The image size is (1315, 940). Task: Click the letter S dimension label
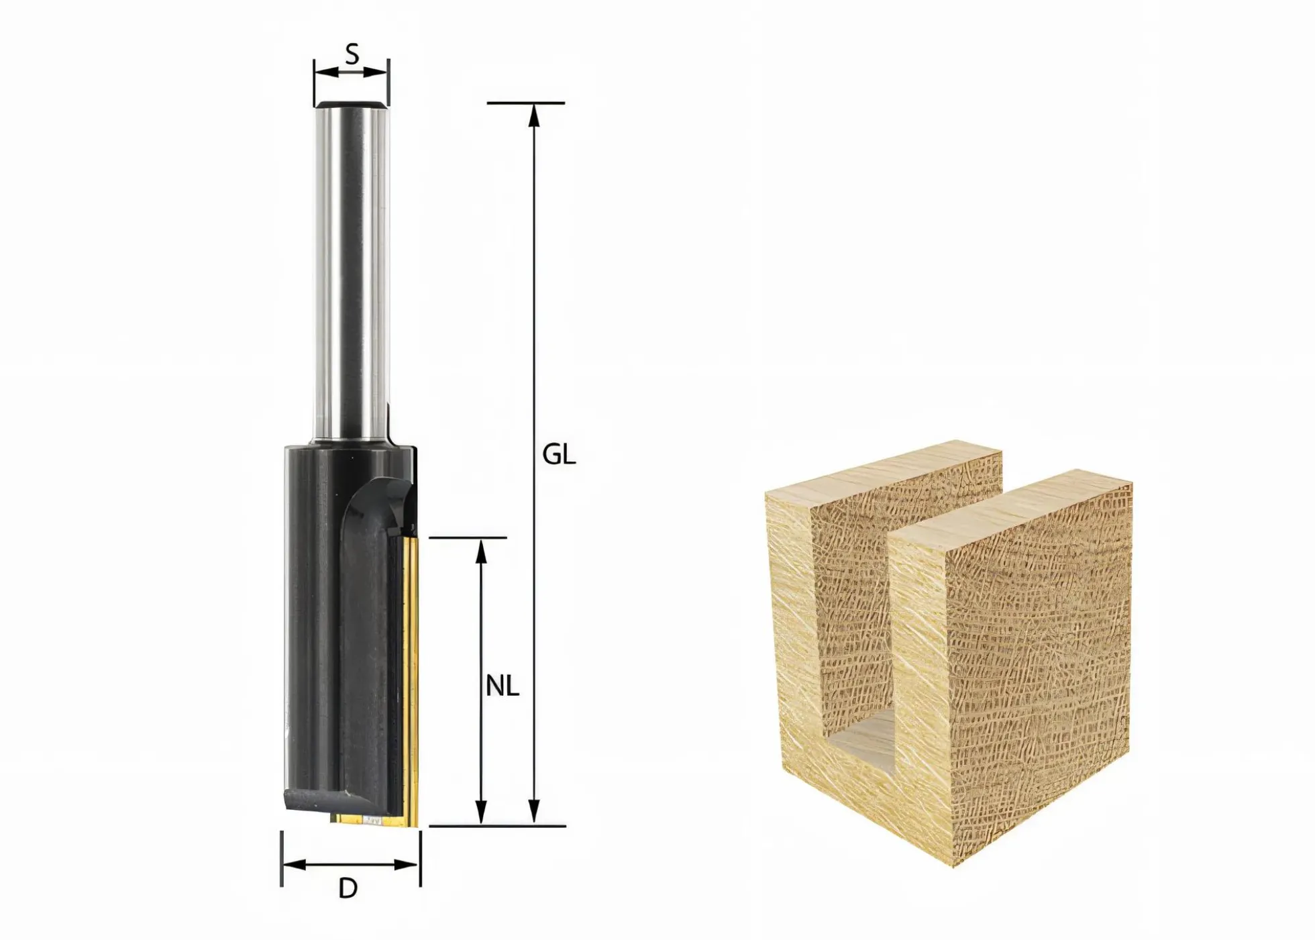pos(352,54)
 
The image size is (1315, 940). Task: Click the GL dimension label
pos(559,455)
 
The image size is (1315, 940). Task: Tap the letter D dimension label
pos(348,888)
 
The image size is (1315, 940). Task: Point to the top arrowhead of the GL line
pos(534,115)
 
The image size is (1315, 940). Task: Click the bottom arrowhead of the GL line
pos(534,812)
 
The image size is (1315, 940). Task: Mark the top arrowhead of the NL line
pos(480,551)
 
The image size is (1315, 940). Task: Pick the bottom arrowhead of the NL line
pos(480,812)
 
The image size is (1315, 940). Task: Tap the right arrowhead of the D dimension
pos(407,865)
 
